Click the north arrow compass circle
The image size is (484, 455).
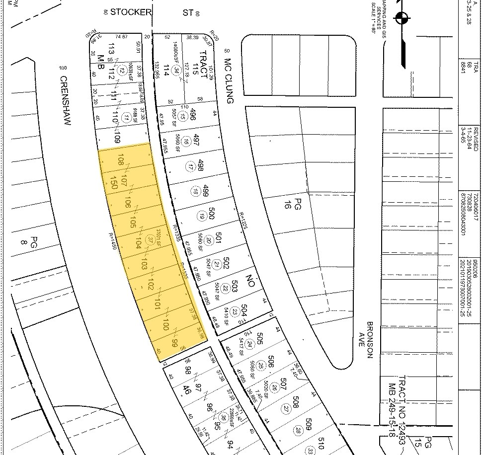point(402,19)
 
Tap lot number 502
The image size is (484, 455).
point(227,261)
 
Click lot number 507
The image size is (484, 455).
point(283,383)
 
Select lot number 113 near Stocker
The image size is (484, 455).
point(111,49)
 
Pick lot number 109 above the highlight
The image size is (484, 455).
point(118,138)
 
